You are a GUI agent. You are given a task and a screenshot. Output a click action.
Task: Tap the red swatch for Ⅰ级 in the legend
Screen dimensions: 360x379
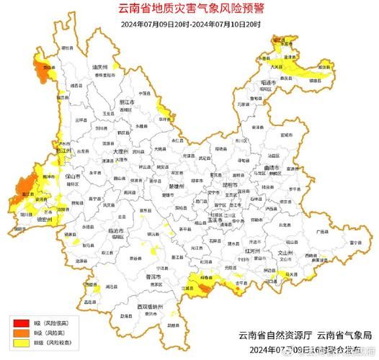18,323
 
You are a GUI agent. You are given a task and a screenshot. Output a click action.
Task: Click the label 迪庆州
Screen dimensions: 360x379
99,66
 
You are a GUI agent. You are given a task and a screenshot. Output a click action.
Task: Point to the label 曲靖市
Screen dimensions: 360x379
272,168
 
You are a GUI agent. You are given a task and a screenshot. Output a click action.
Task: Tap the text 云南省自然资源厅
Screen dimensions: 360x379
272,336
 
